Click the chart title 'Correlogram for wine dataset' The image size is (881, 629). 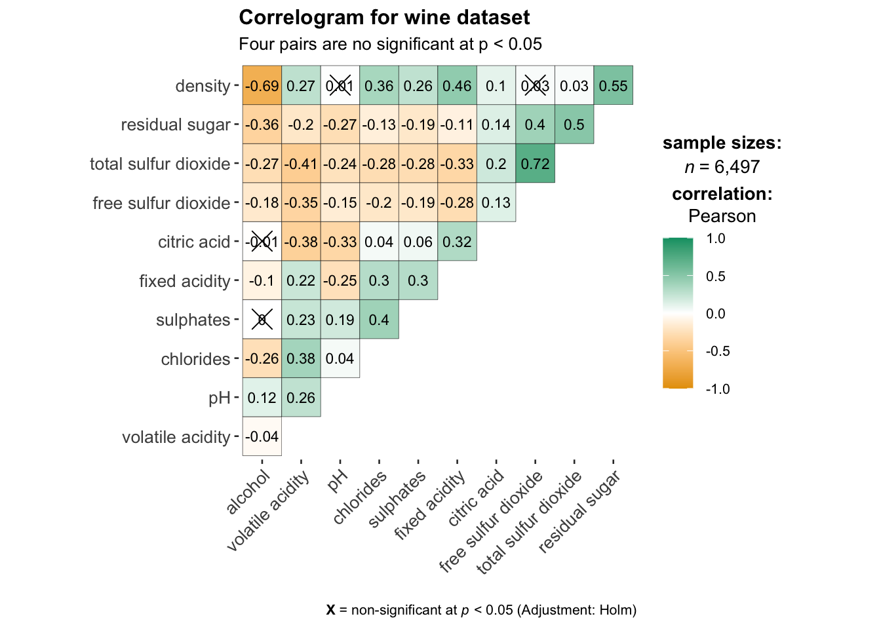pos(384,18)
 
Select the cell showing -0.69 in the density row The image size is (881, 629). pos(262,86)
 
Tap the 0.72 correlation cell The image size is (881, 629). pos(535,164)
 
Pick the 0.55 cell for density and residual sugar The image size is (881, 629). pos(613,86)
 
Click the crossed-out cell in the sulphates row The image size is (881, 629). pos(262,320)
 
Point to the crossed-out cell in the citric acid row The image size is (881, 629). pos(262,242)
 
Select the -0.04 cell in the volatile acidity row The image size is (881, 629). pos(262,436)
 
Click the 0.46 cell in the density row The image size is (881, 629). pos(457,86)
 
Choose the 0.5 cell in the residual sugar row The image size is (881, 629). pos(574,124)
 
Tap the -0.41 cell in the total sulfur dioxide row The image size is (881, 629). pos(301,164)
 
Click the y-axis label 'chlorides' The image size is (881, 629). pos(195,359)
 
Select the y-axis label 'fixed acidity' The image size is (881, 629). pos(184,281)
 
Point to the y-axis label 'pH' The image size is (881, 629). pos(220,398)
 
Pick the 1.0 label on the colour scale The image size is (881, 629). pos(716,238)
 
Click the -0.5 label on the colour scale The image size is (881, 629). pos(718,351)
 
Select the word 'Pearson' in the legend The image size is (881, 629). pos(722,216)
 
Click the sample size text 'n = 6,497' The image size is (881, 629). pos(722,167)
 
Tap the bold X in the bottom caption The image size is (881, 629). pos(331,610)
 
